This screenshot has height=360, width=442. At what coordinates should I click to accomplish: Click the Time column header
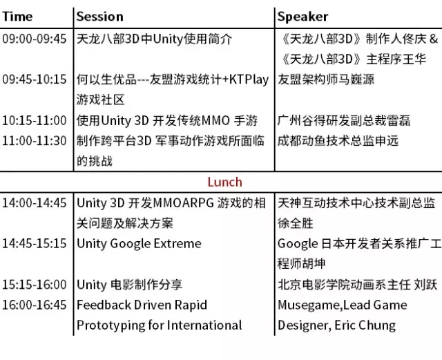[x=17, y=17]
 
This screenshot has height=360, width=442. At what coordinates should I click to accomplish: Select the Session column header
[x=100, y=17]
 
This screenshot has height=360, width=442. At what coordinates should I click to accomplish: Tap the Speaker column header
[x=302, y=17]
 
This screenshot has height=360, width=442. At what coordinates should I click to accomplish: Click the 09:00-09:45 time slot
[x=35, y=39]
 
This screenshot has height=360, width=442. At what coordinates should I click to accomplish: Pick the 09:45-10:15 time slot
[x=35, y=79]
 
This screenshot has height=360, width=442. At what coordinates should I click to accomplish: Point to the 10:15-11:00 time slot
[x=35, y=120]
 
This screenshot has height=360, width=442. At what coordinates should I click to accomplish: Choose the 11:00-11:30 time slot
[x=35, y=140]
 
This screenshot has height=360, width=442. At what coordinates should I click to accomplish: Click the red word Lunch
[x=224, y=182]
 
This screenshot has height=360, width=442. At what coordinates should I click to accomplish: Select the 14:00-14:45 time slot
[x=35, y=203]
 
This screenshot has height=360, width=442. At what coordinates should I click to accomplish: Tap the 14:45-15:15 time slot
[x=35, y=243]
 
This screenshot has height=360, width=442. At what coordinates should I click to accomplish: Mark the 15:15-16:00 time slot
[x=35, y=285]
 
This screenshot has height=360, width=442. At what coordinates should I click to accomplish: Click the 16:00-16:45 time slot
[x=35, y=305]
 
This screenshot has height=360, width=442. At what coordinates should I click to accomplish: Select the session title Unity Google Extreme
[x=139, y=244]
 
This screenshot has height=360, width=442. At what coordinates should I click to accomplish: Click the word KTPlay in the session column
[x=249, y=80]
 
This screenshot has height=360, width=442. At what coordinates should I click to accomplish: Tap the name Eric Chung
[x=365, y=325]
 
